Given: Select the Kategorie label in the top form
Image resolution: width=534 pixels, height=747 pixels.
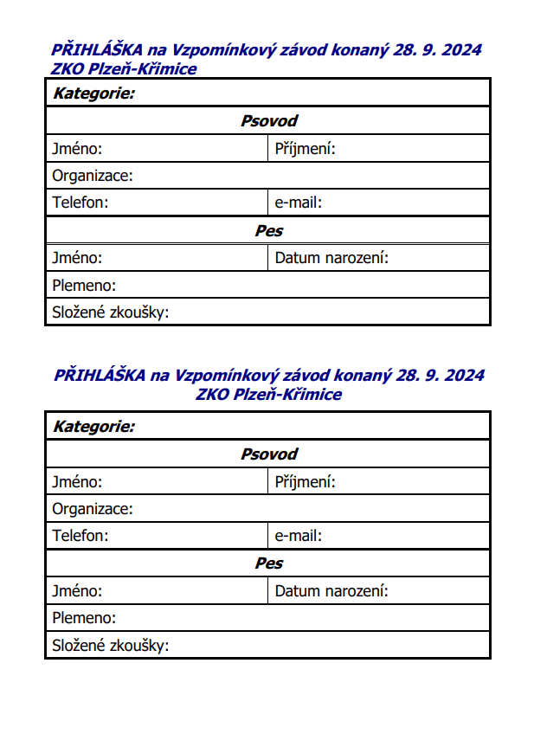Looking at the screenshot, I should coord(93,93).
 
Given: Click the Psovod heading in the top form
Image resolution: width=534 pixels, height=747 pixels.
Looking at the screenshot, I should coord(268,121).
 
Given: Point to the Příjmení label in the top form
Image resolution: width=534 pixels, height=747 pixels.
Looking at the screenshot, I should coord(305,150).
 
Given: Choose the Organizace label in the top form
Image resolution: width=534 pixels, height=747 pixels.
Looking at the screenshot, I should coord(93,177).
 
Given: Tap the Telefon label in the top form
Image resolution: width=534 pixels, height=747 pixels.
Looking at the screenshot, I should coord(80,203).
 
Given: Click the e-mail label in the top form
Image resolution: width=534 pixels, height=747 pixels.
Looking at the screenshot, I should coord(299,203).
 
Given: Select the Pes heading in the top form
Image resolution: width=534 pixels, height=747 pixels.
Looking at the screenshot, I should coord(268,231).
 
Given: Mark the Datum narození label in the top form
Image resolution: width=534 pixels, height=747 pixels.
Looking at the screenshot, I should coord(331,258).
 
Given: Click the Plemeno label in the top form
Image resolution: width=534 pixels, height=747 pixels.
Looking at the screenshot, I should coord(84,286).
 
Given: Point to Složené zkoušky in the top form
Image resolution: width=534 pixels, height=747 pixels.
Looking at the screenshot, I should coord(110,312).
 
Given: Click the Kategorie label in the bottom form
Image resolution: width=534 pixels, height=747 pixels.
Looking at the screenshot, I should coord(93,427).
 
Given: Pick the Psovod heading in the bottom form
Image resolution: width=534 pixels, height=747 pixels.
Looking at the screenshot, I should coord(268,454).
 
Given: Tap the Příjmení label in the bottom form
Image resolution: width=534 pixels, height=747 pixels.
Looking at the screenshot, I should coord(305,482).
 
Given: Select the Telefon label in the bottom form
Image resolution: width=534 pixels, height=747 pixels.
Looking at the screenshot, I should coord(80,536).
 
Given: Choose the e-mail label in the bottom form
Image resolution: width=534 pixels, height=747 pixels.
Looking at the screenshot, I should coord(299,536).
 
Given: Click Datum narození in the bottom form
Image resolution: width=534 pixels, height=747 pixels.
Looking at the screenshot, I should coord(331,591).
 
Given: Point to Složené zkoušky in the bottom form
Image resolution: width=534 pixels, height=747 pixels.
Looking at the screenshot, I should coord(110,646).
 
